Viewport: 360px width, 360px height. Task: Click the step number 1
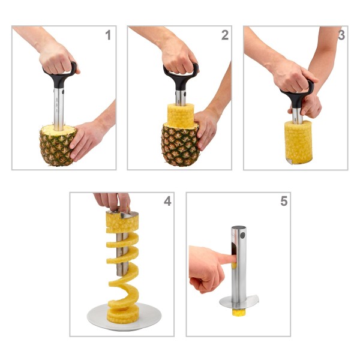(108, 35)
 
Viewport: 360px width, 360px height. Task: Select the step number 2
(224, 35)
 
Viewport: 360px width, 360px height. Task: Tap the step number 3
(341, 35)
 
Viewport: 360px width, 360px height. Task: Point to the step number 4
(167, 202)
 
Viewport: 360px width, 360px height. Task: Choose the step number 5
(283, 202)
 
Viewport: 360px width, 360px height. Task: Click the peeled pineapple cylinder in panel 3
(298, 141)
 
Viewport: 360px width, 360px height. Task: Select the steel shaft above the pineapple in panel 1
(59, 108)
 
